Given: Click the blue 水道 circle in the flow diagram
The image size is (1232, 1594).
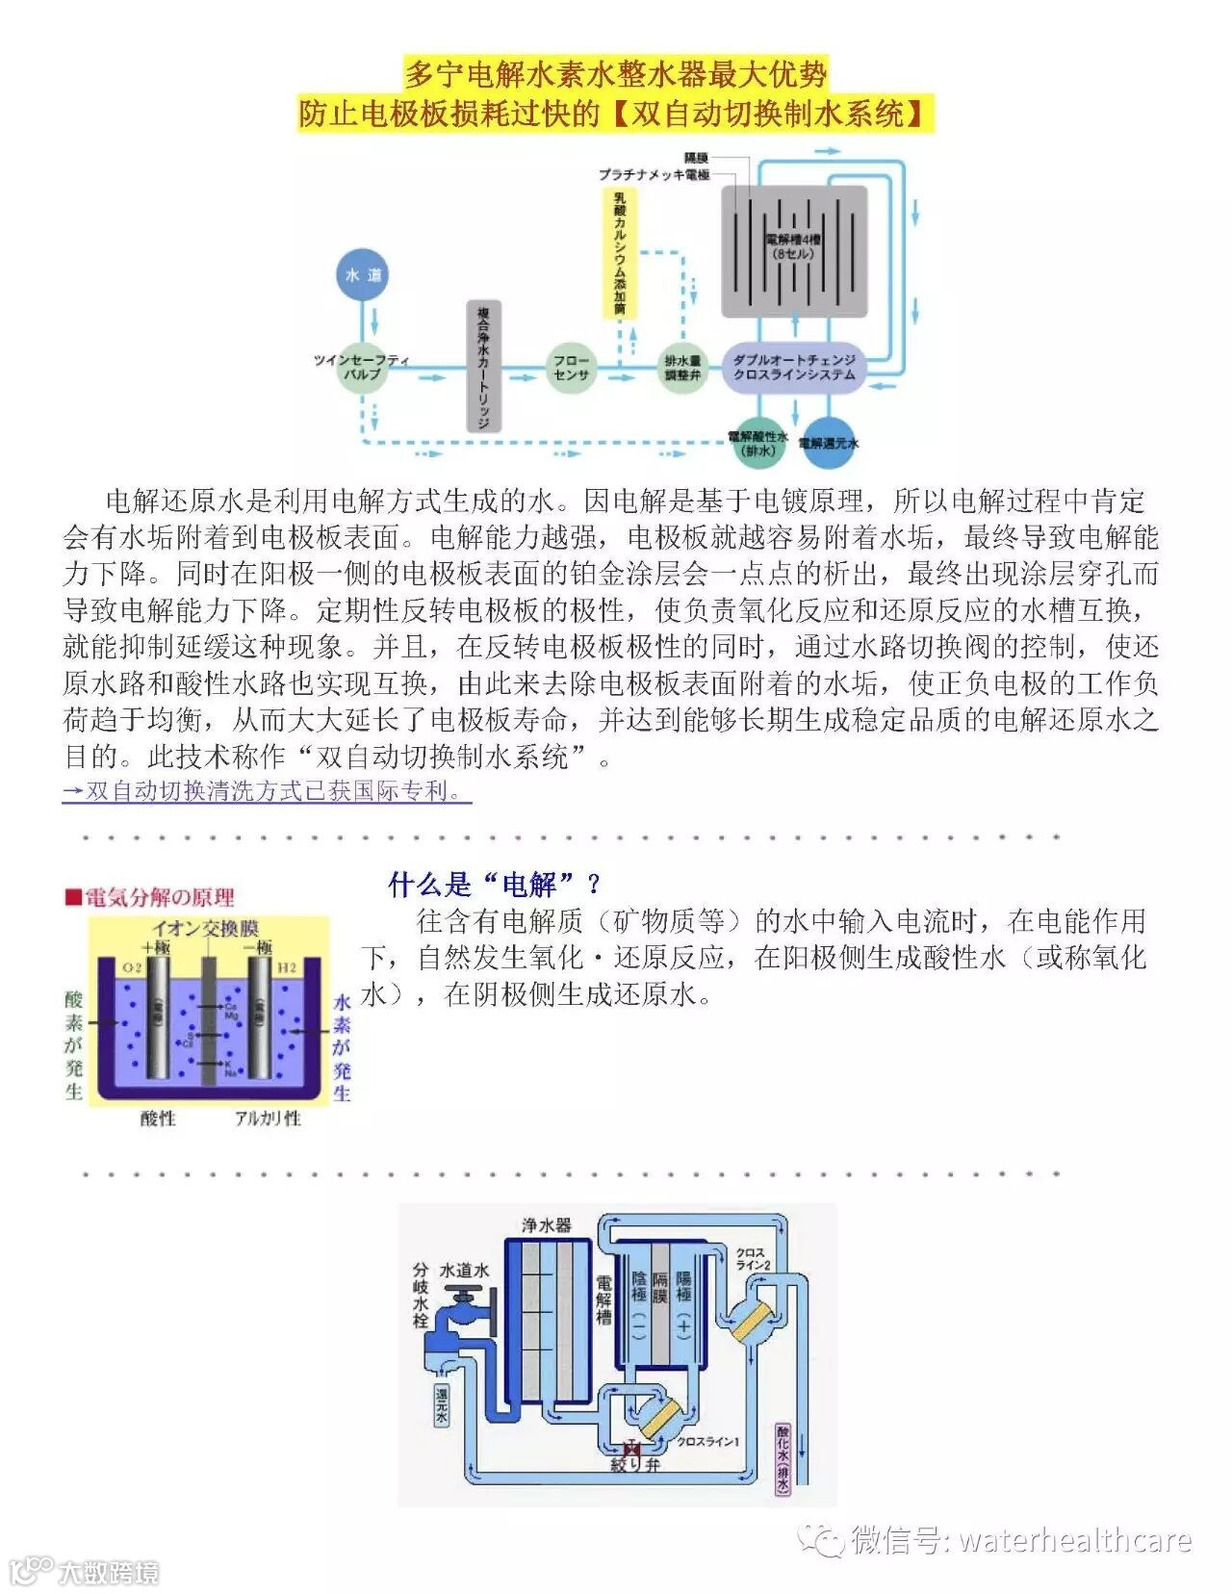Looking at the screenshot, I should click(x=363, y=274).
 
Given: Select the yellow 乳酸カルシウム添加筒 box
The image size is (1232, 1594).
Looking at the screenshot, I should click(x=620, y=253).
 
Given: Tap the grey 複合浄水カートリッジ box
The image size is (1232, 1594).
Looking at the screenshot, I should click(x=483, y=367).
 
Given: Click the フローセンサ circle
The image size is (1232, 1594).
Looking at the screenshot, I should click(x=571, y=367).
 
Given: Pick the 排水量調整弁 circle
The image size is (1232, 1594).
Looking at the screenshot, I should click(x=682, y=368).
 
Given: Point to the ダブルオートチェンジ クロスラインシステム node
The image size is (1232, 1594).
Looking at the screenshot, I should click(x=794, y=367).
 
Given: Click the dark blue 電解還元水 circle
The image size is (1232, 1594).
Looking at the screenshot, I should click(x=828, y=444).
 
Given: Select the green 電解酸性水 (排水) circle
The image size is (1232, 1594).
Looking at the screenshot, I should click(x=758, y=444).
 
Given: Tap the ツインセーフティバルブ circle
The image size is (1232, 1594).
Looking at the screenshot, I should click(x=363, y=367).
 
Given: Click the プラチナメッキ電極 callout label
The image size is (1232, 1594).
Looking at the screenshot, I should click(x=654, y=175).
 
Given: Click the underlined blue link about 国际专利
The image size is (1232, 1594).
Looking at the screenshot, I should click(x=267, y=791).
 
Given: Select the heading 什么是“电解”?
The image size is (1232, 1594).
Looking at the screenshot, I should click(x=495, y=883).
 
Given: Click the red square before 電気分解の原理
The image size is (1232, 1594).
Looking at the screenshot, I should click(x=72, y=897).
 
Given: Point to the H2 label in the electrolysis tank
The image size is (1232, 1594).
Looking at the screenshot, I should click(x=286, y=967).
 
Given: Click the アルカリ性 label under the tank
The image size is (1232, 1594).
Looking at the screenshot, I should click(x=268, y=1118).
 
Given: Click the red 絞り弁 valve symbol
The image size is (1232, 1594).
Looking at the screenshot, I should click(x=632, y=1449).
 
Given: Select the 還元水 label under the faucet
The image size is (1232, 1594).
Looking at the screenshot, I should click(x=441, y=1404).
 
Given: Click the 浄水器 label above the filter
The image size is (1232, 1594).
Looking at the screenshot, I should click(x=546, y=1225).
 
